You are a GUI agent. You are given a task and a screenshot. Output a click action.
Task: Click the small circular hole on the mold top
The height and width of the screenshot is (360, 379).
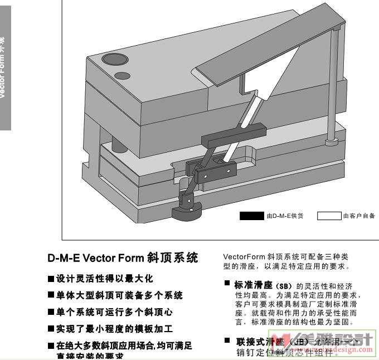pyautogui.click(x=122, y=75)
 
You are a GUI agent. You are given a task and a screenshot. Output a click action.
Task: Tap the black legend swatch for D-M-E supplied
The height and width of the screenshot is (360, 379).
pyautogui.click(x=251, y=216)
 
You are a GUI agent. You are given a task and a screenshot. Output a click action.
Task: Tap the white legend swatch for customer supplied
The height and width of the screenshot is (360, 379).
pyautogui.click(x=329, y=216)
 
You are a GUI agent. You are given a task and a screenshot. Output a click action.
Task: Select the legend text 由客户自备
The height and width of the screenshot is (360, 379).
pyautogui.click(x=359, y=216)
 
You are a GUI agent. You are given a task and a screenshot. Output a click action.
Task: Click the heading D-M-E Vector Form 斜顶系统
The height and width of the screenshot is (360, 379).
pyautogui.click(x=123, y=258)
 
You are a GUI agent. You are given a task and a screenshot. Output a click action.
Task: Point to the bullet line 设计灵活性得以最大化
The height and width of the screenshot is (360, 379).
pyautogui.click(x=104, y=278)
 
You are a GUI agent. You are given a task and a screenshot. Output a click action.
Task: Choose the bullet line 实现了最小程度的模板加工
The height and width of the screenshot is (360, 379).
pyautogui.click(x=114, y=329)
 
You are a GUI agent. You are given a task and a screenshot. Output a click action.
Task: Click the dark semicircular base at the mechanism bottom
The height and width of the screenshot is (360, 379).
pyautogui.click(x=186, y=212)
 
